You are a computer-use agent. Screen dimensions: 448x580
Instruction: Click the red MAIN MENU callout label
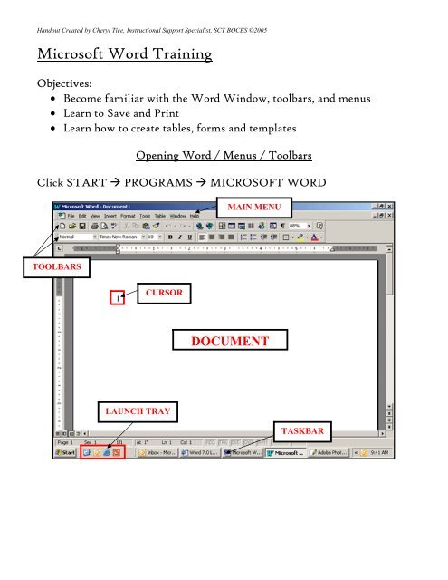point(254,206)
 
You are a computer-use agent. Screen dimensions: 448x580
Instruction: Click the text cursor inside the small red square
point(115,297)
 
